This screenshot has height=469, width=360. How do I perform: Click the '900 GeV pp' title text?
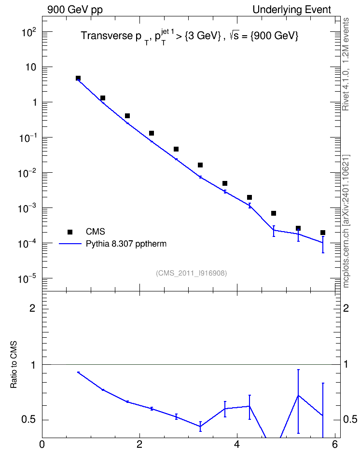pos(75,10)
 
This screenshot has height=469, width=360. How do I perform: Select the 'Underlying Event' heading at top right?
pos(292,10)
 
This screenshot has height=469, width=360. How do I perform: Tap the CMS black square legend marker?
pos(70,232)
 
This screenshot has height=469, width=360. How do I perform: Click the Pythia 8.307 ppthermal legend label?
pos(126,244)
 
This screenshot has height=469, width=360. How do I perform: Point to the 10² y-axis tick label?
pos(29,31)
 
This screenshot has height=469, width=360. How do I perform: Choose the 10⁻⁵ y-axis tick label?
pos(27,278)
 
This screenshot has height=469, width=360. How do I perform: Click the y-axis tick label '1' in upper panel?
pos(34,102)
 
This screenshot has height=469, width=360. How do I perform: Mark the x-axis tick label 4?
pos(237,444)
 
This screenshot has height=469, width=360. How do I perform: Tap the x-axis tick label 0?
pos(42,444)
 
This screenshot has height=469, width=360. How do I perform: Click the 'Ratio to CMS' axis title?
pos(14,365)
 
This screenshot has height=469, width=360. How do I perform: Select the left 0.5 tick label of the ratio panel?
pos(29,419)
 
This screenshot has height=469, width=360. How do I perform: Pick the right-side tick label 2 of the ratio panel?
pos(346,308)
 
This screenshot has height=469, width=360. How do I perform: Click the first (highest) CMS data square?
pos(78,78)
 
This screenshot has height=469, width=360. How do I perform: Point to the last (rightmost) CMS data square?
pos(322,233)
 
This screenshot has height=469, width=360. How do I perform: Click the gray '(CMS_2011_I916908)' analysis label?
pos(192,273)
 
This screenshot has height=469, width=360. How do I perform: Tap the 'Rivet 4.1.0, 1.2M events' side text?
pos(346,64)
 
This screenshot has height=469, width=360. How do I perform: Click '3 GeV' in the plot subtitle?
pos(203,36)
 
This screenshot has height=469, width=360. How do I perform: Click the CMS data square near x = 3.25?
pos(200,165)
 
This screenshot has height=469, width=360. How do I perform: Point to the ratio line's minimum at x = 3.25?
pos(200,427)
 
